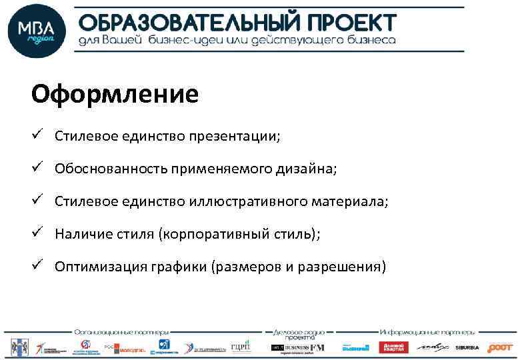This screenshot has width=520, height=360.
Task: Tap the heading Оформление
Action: pyautogui.click(x=115, y=94)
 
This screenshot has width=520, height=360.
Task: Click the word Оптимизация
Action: pyautogui.click(x=93, y=267)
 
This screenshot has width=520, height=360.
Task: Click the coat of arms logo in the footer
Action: pyautogui.click(x=17, y=347)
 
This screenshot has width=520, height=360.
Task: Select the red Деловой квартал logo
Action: pyautogui.click(x=393, y=347)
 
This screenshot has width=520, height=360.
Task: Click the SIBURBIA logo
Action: pyautogui.click(x=467, y=347)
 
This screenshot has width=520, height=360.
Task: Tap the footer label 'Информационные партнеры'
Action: pyautogui.click(x=427, y=331)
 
